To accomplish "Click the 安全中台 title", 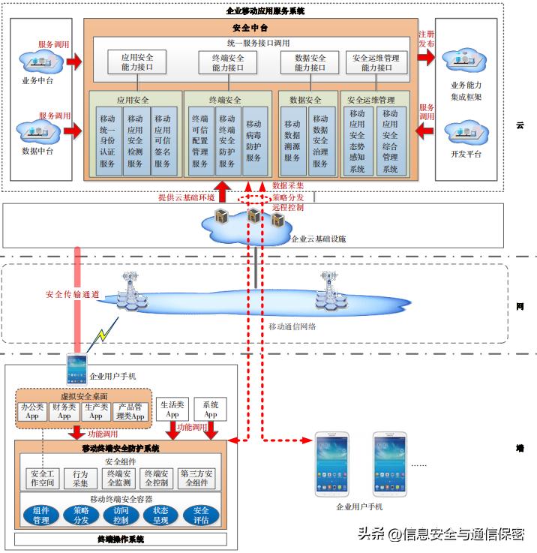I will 250,28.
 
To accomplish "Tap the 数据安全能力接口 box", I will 310,62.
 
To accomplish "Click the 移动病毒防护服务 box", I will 253,141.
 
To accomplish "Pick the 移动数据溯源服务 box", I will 292,141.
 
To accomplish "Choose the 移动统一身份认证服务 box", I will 107,141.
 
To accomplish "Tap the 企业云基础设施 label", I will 318,239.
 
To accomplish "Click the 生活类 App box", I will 172,409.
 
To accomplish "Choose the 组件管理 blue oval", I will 40,515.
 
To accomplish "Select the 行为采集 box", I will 80,479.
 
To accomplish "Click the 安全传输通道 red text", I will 73,294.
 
